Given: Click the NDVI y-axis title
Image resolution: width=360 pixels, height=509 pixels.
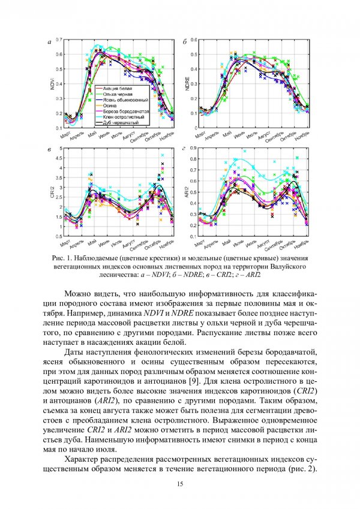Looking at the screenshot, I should coord(55,84).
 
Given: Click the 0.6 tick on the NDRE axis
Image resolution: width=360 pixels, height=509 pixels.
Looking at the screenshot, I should coord(193,40).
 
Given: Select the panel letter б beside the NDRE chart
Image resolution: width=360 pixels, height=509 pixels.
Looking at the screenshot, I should coord(184,43).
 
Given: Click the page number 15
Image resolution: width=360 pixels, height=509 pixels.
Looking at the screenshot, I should coord(180,483).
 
